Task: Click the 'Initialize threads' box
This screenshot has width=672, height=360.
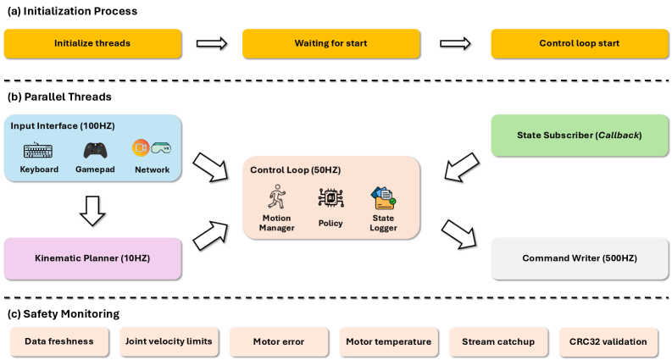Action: [92, 43]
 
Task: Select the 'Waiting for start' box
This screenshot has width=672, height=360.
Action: [330, 43]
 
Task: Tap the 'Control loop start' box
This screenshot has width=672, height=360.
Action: [580, 43]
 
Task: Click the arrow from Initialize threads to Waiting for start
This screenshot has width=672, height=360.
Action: [212, 43]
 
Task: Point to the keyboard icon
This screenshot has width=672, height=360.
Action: [38, 151]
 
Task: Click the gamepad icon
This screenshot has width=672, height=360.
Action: [95, 151]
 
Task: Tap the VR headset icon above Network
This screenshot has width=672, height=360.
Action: [161, 148]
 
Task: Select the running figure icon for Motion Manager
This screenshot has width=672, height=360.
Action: [277, 197]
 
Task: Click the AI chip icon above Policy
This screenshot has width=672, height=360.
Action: [330, 198]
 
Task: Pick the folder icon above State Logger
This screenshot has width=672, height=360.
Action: [383, 198]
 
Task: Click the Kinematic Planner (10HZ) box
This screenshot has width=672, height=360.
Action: [92, 258]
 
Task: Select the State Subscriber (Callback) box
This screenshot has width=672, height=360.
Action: [580, 135]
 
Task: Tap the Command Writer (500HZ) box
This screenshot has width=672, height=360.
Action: [580, 258]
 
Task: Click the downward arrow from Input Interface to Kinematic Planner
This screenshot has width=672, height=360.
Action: [92, 211]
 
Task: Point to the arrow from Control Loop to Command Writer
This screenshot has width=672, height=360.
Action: [459, 234]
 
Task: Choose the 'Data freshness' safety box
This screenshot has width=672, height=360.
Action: [59, 341]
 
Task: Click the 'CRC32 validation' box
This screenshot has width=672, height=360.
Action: [608, 341]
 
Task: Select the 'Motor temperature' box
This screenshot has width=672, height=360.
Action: [389, 341]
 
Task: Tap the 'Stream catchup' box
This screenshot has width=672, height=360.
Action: [498, 341]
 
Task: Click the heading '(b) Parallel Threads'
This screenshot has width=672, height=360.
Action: [59, 97]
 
